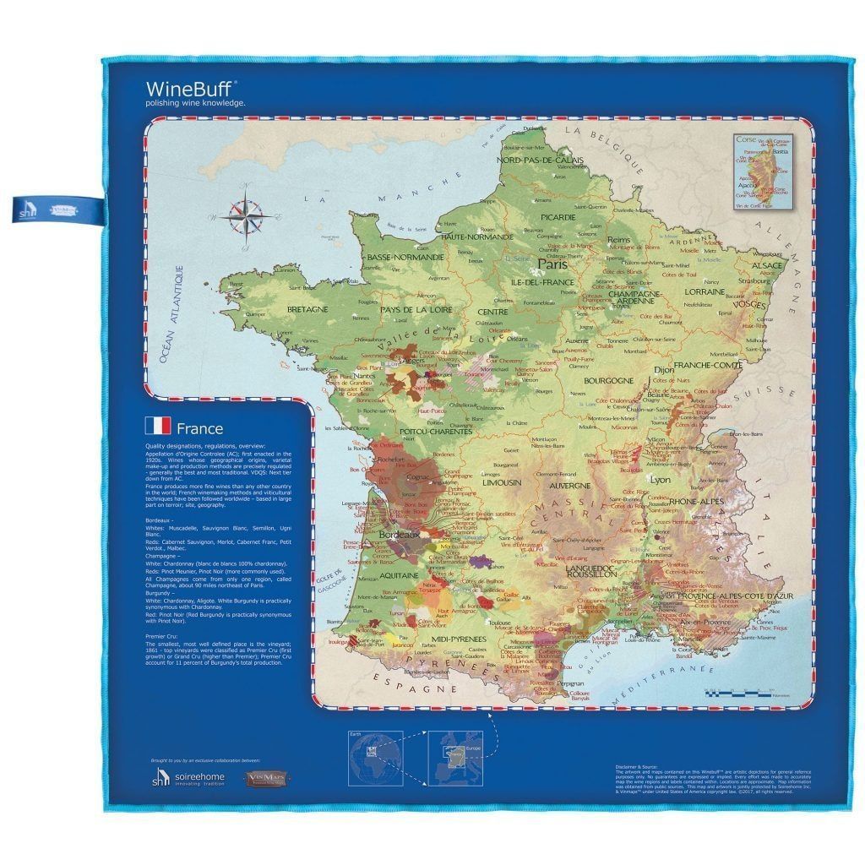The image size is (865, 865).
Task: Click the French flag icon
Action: pos(158,427)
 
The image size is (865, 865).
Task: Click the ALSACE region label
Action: pos(767,265)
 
